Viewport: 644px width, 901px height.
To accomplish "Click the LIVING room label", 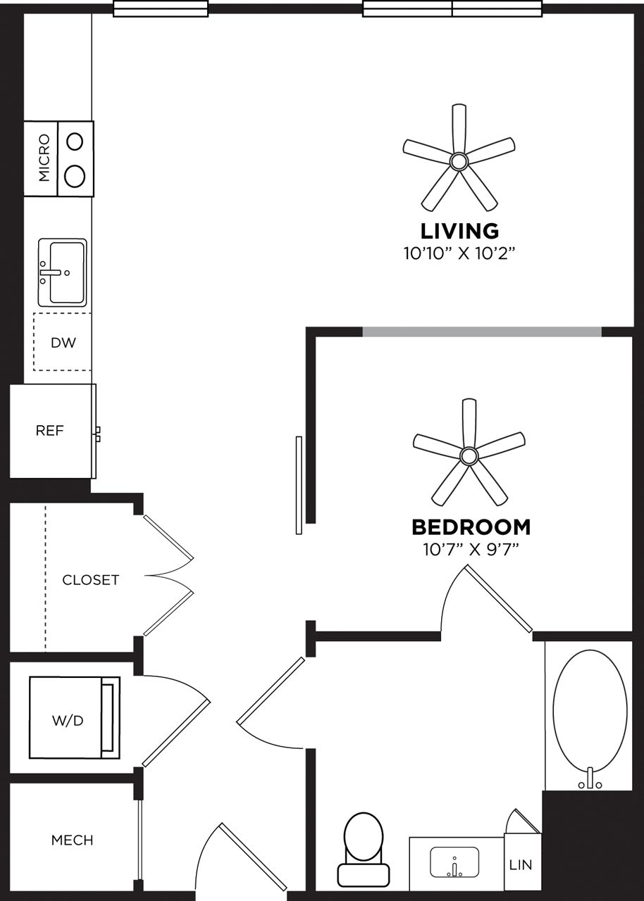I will (x=459, y=231).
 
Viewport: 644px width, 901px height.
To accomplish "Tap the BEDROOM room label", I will (x=471, y=527).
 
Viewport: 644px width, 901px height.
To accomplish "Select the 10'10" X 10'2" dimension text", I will (x=459, y=253).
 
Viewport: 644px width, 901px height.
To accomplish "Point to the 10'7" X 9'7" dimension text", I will (x=471, y=549).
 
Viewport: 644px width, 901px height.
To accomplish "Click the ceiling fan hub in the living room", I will (x=459, y=162).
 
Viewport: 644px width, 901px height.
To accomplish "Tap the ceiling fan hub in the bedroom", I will (x=469, y=456).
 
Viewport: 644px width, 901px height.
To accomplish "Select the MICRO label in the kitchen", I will (x=44, y=158).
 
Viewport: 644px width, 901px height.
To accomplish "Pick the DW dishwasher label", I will (x=62, y=344).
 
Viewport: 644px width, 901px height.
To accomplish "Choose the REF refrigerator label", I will (x=49, y=431).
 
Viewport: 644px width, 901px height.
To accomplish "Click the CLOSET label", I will (x=90, y=580).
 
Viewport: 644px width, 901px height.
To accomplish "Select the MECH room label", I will (x=72, y=840).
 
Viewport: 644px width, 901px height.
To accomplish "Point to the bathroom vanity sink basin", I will (x=454, y=862).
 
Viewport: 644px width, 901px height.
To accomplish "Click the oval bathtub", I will (x=590, y=711).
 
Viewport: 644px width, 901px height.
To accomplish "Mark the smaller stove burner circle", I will (x=75, y=141).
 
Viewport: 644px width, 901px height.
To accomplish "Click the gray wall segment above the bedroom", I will (x=482, y=332).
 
